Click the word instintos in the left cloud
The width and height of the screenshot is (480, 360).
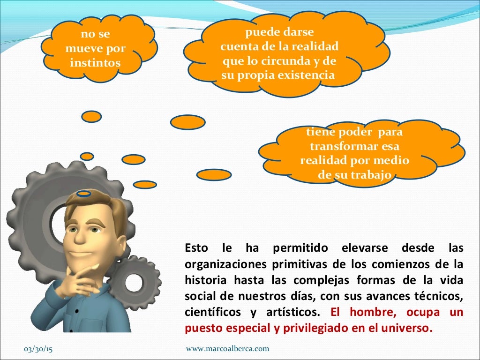coord(95,63)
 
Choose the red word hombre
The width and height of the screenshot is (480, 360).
coord(367,312)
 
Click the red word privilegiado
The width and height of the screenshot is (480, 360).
coord(316,328)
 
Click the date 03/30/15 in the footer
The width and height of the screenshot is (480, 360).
coord(39,349)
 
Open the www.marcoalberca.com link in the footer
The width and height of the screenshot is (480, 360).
coord(228,349)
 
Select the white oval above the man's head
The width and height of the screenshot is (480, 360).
coord(84,193)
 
